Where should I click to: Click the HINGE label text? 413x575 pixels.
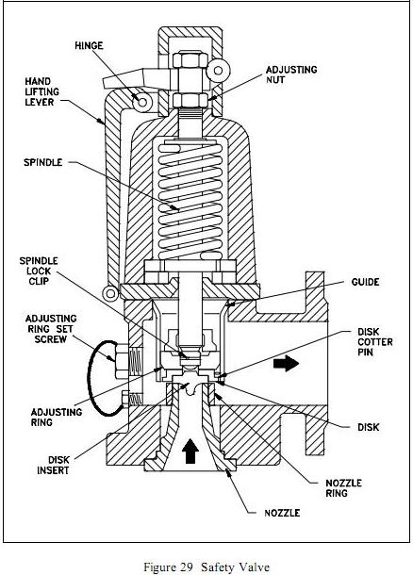pos(89,45)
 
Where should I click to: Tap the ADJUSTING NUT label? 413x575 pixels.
pos(291,74)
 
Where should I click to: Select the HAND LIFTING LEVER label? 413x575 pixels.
pos(41,91)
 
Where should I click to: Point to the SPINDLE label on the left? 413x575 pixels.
pos(43,162)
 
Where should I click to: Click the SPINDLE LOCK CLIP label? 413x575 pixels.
pos(39,271)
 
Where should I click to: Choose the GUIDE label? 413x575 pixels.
pos(365,282)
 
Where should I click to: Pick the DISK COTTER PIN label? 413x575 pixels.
pos(375,342)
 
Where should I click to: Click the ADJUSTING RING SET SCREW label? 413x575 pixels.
pos(51,329)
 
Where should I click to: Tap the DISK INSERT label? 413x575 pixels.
pos(53,465)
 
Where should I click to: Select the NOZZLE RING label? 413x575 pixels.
pos(343,487)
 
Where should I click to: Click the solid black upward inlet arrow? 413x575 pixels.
pos(190,452)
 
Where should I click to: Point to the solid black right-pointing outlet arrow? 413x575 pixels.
pos(286,364)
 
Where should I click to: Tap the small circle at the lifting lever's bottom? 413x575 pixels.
pos(110,293)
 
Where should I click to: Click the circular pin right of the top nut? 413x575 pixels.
pos(218,71)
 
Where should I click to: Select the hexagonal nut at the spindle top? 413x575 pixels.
pos(190,59)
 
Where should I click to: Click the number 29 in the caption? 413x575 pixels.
pos(186,567)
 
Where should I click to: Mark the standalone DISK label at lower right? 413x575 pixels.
pos(369,427)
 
